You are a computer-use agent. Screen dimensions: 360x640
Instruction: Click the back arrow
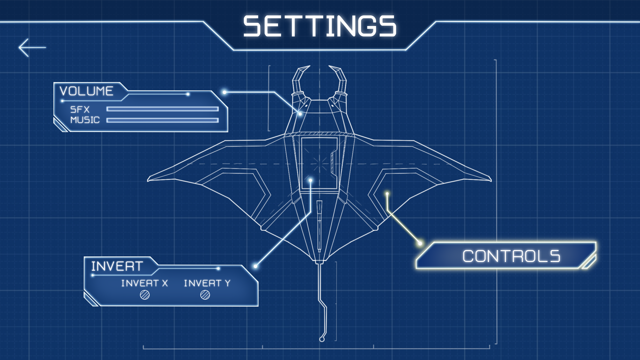[32, 48]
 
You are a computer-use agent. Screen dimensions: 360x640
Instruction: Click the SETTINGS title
[320, 27]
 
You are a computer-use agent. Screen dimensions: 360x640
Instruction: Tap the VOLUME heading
[86, 91]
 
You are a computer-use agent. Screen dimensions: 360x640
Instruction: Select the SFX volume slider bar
[162, 109]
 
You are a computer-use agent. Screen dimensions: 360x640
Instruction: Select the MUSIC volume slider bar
[162, 120]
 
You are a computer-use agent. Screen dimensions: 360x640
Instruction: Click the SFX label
[80, 109]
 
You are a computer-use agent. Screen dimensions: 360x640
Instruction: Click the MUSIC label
[85, 120]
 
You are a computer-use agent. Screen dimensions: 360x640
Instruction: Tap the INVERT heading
[117, 266]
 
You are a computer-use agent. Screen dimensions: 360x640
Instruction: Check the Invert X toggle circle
[145, 295]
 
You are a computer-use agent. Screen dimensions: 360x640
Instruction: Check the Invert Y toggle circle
[205, 295]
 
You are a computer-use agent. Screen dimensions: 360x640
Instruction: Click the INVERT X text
[144, 283]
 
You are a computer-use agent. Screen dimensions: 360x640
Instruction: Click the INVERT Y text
[207, 283]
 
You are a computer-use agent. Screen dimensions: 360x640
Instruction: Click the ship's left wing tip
[150, 179]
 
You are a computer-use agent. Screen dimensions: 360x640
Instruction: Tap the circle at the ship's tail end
[322, 339]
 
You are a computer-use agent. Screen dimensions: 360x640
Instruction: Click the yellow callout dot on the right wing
[387, 194]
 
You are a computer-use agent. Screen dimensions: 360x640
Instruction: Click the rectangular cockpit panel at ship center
[319, 163]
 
